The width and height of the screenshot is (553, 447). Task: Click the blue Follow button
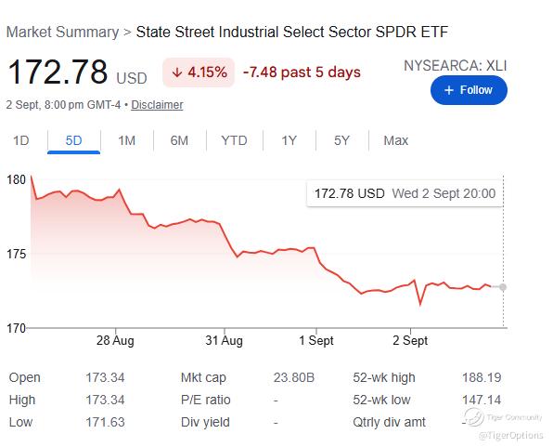pos(469,90)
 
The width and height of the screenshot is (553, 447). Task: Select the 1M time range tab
pos(126,140)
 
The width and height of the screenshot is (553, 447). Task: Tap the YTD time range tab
pos(234,140)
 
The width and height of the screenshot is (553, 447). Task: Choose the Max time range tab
pos(395,140)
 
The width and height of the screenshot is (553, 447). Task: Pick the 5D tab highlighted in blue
pos(73,140)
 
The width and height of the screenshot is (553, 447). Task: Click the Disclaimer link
pos(157,105)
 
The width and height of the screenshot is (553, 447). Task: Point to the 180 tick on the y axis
pos(16,180)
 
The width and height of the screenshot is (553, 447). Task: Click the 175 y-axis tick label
pos(16,254)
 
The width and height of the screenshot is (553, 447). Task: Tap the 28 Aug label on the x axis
pos(115,341)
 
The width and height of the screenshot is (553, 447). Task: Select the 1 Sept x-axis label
pos(316,341)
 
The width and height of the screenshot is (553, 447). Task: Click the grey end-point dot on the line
pos(503,287)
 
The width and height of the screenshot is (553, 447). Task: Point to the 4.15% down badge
pos(199,72)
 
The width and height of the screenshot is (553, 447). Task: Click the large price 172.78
pos(58,72)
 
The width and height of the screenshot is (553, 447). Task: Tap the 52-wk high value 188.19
pos(482,377)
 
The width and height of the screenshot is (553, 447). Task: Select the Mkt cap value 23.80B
pos(294,377)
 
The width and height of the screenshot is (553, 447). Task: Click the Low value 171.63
pos(105,422)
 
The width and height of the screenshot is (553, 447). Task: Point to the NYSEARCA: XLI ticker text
pos(456,66)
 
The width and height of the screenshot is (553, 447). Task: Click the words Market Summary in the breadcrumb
pos(63,33)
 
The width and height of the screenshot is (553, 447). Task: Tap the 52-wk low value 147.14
pos(482,400)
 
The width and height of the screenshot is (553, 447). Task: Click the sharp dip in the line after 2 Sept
pos(420,305)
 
